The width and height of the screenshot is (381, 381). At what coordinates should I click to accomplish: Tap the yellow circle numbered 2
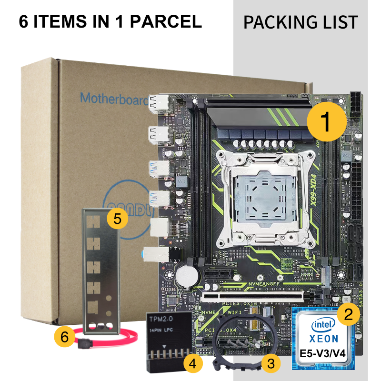[349, 313]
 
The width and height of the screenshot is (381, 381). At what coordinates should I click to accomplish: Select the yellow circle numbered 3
[271, 364]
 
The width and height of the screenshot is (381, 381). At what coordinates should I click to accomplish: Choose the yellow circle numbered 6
[65, 337]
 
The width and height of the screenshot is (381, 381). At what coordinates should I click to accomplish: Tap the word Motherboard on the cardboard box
[112, 98]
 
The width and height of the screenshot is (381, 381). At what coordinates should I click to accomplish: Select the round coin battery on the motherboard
[189, 274]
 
